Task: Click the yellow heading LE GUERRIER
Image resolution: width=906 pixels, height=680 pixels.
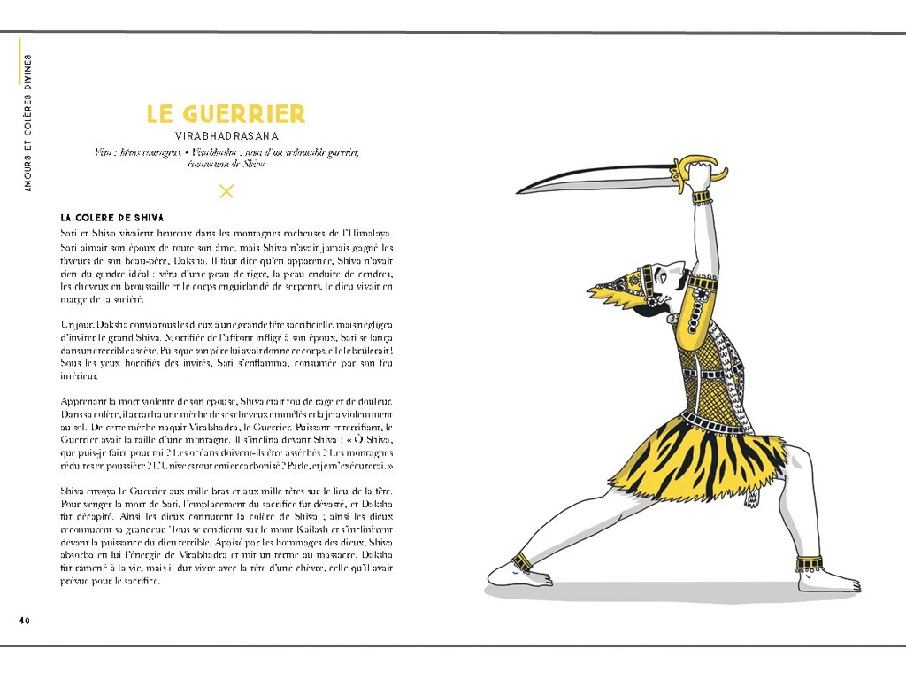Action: (226, 114)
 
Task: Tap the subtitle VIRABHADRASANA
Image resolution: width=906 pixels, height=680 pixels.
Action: (226, 136)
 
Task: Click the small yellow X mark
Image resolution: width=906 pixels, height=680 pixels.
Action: (226, 190)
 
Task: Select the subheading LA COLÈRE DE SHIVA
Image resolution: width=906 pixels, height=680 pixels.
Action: (112, 217)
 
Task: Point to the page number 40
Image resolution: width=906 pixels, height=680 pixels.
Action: (25, 620)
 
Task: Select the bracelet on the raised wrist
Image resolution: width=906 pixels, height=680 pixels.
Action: (702, 197)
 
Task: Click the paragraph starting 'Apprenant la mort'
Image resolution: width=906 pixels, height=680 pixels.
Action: (226, 433)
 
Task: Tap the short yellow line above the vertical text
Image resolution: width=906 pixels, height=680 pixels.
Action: (19, 62)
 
